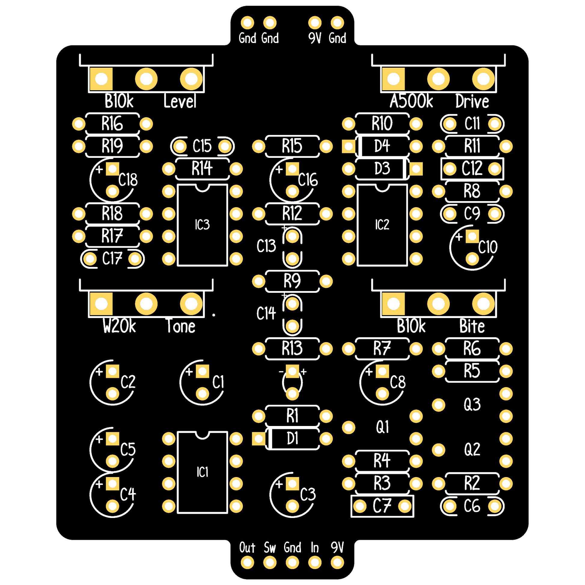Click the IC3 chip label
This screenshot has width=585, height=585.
[202, 225]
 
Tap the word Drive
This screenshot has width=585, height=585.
[472, 101]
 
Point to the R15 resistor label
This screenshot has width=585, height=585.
[292, 146]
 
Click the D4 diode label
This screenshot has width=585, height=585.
[382, 146]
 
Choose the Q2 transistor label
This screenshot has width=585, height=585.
[472, 449]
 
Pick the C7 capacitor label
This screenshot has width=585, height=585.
[382, 506]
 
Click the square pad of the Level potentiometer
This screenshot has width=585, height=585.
[101, 79]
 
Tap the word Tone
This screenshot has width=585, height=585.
[181, 326]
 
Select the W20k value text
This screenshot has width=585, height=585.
[119, 326]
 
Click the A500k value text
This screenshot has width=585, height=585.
[412, 101]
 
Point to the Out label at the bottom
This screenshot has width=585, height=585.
[247, 547]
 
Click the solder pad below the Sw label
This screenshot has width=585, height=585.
[270, 563]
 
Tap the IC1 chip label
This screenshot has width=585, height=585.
[202, 472]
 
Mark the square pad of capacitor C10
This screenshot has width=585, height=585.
[472, 236]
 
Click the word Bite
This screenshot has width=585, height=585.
[472, 326]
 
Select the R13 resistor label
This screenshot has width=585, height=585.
[292, 348]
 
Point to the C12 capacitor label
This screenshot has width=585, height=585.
[472, 169]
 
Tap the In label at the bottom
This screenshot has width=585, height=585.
[315, 547]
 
